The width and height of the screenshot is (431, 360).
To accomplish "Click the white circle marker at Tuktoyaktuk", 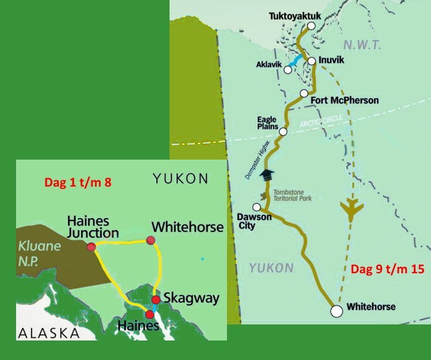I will (311, 26).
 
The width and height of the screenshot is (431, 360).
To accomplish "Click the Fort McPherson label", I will (344, 100).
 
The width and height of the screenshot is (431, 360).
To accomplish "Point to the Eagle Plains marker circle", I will (283, 131).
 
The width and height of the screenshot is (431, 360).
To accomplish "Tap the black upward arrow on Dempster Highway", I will (265, 175).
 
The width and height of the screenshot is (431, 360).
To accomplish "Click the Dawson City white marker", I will (257, 207).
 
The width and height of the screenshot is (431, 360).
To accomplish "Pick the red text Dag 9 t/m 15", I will (386, 269).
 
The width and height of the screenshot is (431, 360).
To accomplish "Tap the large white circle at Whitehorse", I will (336, 311).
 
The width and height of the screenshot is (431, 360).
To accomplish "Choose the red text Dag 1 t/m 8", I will (77, 183).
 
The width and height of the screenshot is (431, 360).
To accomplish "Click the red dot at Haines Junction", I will (91, 247).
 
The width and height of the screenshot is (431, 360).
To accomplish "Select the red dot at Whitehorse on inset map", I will (151, 240).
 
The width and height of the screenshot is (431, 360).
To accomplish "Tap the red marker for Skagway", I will (155, 300).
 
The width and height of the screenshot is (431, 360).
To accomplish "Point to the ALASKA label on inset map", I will (48, 332).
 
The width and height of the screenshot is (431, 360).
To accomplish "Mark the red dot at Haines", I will (151, 314).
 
